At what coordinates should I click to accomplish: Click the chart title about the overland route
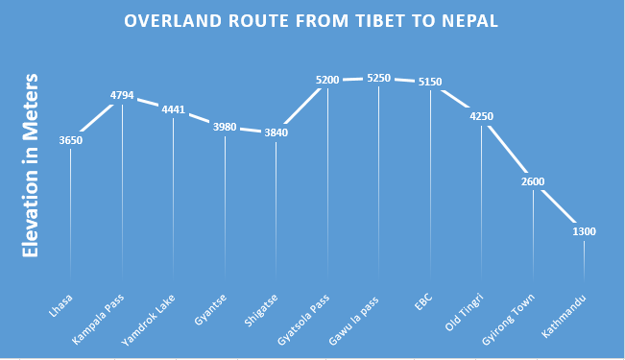[x=312, y=22]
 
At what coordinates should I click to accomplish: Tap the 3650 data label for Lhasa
[x=71, y=140]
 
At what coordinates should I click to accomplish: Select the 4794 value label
[x=122, y=95]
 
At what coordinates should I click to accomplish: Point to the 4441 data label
[x=174, y=109]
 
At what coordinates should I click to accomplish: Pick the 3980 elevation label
[x=225, y=128]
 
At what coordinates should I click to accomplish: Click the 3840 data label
[x=276, y=133]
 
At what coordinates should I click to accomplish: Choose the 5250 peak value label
[x=379, y=79]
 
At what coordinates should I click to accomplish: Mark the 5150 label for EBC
[x=430, y=83]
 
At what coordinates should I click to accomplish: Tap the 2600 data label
[x=533, y=181]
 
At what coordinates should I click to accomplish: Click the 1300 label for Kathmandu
[x=584, y=232]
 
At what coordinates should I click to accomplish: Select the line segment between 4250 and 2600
[x=507, y=148]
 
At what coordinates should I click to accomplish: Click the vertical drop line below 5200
[x=328, y=182]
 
